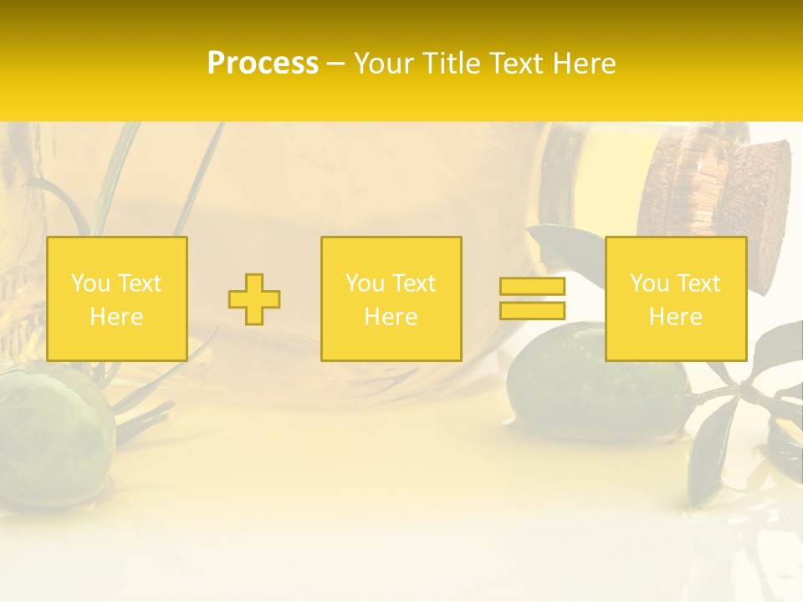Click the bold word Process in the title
(x=263, y=64)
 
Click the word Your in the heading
(x=382, y=64)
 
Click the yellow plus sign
(x=254, y=299)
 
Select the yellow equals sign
(x=532, y=298)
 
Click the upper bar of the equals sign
(x=532, y=287)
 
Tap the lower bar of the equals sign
(x=532, y=310)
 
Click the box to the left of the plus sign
(x=116, y=298)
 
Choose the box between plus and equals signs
(x=391, y=298)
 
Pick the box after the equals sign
(x=675, y=298)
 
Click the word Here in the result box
(x=675, y=316)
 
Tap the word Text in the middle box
(x=413, y=283)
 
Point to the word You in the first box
(x=90, y=283)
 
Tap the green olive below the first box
(x=54, y=435)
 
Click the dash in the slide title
(x=335, y=64)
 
